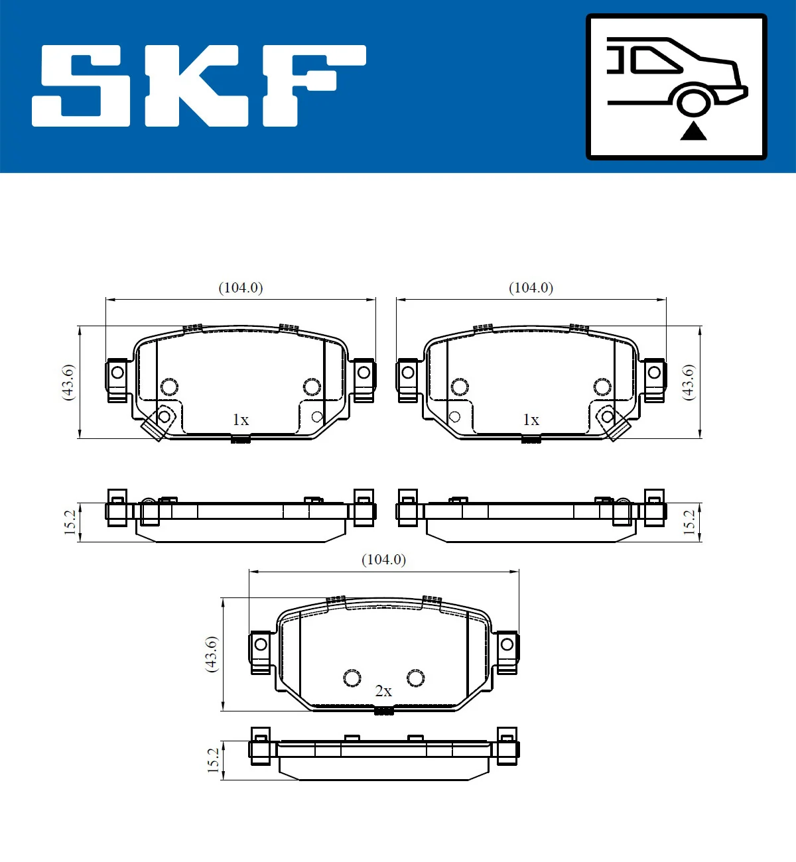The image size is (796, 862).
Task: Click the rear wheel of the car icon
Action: click(693, 103)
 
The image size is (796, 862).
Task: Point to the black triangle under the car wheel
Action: click(693, 131)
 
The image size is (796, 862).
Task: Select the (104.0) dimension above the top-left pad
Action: click(241, 288)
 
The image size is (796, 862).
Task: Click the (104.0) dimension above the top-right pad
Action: click(531, 288)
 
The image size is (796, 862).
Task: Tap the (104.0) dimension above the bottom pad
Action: click(383, 560)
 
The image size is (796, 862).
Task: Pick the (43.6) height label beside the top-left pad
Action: click(68, 382)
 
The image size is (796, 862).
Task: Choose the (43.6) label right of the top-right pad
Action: click(689, 382)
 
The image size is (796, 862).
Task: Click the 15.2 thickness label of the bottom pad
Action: click(213, 760)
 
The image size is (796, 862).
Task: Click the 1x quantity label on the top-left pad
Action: click(241, 420)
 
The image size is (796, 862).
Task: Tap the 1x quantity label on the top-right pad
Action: click(531, 420)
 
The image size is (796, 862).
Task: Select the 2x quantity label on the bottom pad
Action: click(383, 691)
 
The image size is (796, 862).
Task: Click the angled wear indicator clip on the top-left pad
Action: click(158, 423)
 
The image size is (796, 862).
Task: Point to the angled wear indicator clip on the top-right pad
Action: click(612, 423)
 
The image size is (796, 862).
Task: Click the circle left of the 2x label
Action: click(352, 678)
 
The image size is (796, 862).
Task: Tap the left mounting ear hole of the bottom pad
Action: click(261, 644)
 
